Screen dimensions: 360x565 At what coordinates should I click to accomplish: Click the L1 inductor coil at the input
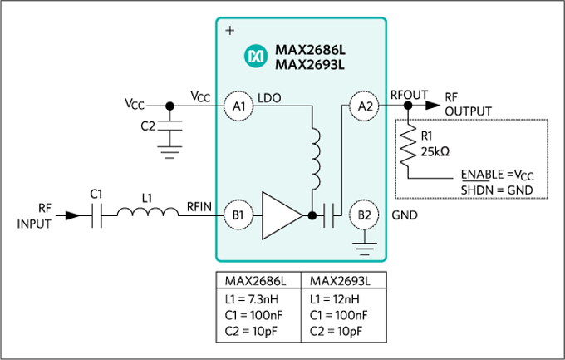point(147,215)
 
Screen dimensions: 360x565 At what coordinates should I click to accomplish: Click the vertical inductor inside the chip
point(317,158)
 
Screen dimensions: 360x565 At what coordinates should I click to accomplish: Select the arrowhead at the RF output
point(433,106)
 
